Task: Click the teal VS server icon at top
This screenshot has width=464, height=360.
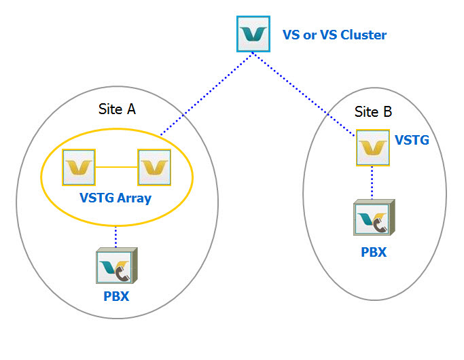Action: click(x=253, y=34)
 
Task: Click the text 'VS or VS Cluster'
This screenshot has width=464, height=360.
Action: click(x=334, y=35)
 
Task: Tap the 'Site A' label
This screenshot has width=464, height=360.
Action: click(x=117, y=109)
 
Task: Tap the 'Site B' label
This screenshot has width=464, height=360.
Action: click(x=373, y=112)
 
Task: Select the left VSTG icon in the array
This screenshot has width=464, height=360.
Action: click(x=78, y=167)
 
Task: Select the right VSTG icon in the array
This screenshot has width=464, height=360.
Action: click(x=154, y=167)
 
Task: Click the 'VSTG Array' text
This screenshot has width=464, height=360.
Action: click(x=116, y=199)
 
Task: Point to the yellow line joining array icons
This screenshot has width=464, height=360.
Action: click(x=116, y=167)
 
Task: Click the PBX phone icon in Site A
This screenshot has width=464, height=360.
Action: click(x=115, y=266)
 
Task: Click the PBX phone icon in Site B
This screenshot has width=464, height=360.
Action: click(x=373, y=217)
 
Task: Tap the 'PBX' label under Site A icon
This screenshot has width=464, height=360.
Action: click(x=115, y=296)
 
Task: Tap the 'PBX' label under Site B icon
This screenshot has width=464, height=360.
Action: click(x=373, y=252)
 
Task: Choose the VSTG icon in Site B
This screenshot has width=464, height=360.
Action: click(x=373, y=147)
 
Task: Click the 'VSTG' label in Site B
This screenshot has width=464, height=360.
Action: click(x=412, y=141)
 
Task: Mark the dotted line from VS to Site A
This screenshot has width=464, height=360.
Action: click(x=204, y=95)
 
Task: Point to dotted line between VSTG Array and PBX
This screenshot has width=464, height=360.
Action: click(x=115, y=236)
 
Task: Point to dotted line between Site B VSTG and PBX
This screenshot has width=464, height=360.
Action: click(x=373, y=182)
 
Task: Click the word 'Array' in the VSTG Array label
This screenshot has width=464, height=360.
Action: click(x=135, y=199)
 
